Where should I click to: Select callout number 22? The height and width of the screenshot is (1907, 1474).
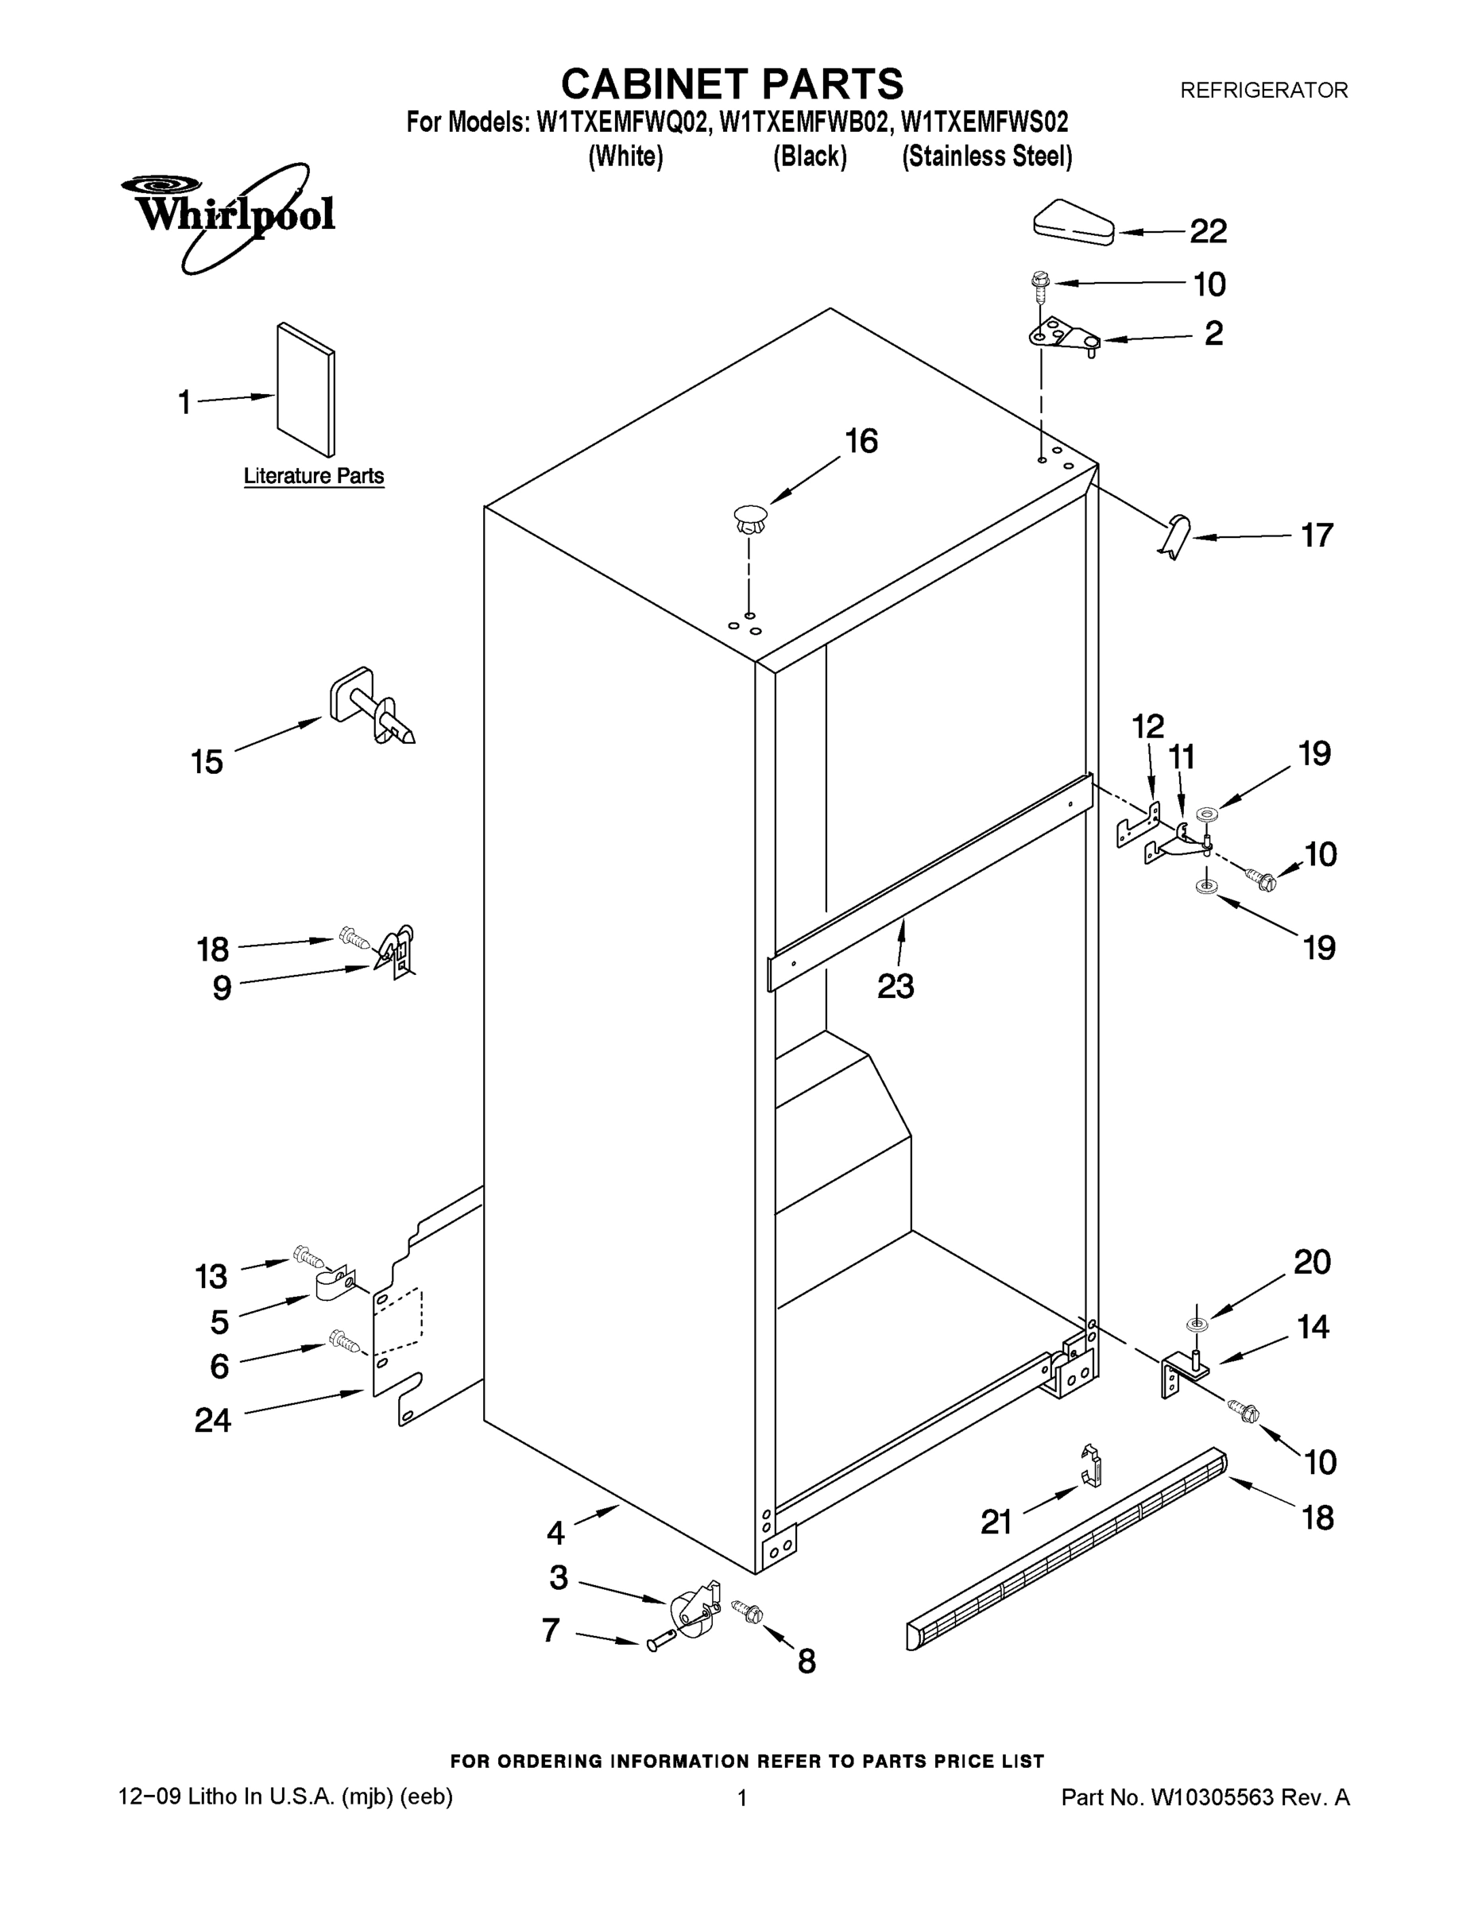tap(1209, 231)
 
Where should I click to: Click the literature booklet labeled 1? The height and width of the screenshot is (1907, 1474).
tap(306, 389)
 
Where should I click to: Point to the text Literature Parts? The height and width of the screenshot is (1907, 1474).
tap(314, 476)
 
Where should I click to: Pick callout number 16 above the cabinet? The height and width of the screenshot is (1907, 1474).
tap(861, 442)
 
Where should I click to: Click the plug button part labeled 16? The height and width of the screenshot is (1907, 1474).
tap(750, 520)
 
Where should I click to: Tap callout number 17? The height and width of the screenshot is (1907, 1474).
tap(1317, 536)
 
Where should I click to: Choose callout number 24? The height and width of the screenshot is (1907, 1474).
tap(212, 1421)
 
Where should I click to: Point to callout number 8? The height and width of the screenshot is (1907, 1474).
tap(807, 1661)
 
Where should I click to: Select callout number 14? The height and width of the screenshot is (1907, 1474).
tap(1313, 1327)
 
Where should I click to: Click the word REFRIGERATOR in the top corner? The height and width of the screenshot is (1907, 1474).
tap(1263, 90)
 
